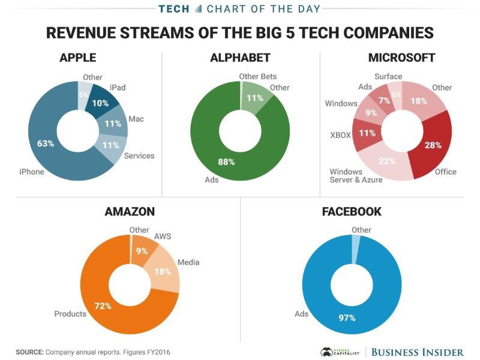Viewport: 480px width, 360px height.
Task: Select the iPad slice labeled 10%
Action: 101,103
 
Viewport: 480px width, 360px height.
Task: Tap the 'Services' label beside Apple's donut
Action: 139,155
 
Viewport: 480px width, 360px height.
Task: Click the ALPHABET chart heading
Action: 240,58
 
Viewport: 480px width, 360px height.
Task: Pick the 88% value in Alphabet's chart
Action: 226,161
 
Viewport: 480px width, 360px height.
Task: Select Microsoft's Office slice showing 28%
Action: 433,145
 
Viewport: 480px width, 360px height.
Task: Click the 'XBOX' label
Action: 340,135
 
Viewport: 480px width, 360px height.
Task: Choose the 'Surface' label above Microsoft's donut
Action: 388,76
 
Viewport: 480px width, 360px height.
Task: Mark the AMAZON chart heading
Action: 130,211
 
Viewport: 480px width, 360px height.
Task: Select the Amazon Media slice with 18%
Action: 163,271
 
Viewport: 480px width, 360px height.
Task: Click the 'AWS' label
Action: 163,236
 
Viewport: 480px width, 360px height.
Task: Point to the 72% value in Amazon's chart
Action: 103,306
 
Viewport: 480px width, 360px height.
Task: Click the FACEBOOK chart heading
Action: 352,211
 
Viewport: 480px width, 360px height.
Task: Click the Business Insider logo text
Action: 417,352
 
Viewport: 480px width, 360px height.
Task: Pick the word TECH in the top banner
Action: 175,8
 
